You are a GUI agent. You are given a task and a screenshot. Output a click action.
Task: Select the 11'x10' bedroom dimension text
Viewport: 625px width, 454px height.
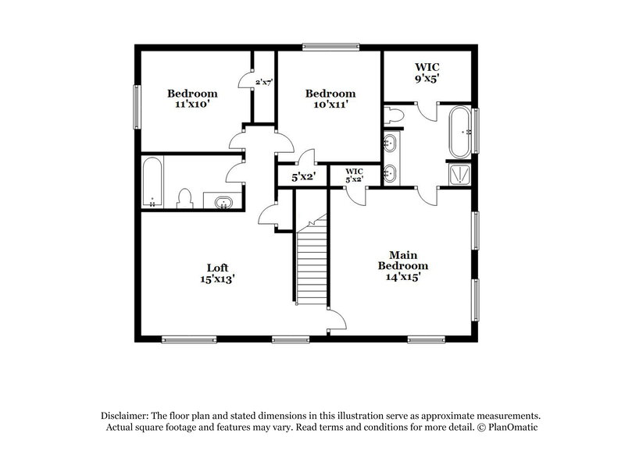click(191, 101)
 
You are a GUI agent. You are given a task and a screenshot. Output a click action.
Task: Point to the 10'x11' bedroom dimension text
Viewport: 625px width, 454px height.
click(325, 101)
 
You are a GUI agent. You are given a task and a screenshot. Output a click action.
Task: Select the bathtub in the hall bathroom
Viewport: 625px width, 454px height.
click(152, 183)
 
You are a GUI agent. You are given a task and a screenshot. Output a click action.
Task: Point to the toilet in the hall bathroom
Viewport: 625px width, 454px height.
click(185, 199)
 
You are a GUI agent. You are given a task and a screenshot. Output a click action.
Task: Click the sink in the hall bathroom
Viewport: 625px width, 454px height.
click(223, 203)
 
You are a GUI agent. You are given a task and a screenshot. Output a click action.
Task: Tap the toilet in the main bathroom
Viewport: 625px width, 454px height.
click(395, 116)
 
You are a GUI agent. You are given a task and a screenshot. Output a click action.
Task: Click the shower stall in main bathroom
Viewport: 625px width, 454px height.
click(459, 174)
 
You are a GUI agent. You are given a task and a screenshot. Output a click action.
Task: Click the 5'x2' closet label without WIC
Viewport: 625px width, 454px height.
click(303, 177)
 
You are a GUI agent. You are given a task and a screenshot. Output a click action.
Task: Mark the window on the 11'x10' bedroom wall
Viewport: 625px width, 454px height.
click(137, 105)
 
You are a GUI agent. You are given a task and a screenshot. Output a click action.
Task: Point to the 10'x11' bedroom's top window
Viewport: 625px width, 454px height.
click(331, 47)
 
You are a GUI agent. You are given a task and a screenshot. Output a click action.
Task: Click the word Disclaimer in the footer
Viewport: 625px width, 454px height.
click(127, 416)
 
